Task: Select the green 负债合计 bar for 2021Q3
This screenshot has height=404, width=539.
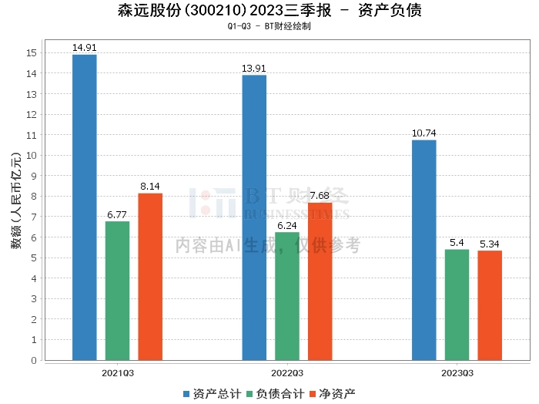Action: (x=118, y=291)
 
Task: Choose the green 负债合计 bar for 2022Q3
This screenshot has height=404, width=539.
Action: (x=287, y=296)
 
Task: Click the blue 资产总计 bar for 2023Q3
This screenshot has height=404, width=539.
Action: (x=424, y=250)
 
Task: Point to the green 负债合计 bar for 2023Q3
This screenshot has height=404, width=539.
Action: (x=457, y=305)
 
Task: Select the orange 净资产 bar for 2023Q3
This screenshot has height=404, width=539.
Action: (x=490, y=305)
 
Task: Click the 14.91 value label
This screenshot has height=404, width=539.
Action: (x=85, y=48)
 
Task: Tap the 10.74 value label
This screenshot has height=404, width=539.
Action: (x=424, y=133)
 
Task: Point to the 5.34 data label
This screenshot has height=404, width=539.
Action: (x=490, y=244)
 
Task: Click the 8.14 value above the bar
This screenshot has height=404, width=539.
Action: (x=150, y=187)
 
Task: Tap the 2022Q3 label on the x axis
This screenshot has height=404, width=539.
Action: (x=287, y=373)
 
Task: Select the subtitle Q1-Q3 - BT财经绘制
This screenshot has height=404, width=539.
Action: (x=269, y=25)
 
